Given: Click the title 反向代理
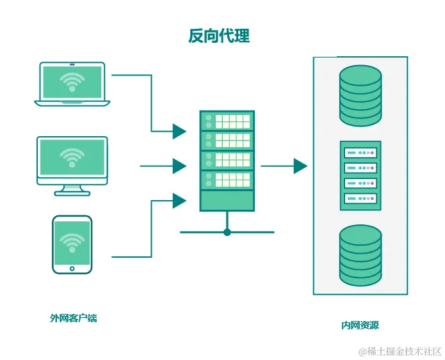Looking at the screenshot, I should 218,36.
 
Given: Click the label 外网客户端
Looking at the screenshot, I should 73,318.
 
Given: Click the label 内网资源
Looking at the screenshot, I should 360,325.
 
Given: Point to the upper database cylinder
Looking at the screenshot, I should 360,95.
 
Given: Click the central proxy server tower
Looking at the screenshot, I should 227,161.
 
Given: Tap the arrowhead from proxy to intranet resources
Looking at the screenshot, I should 300,166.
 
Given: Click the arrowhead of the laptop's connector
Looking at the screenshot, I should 179,131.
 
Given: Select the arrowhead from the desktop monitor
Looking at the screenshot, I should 179,166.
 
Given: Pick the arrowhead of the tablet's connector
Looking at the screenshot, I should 179,201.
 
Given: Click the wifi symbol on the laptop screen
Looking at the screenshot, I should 72,81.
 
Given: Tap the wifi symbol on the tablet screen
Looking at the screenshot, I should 72,242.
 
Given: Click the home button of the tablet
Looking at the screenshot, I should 72,269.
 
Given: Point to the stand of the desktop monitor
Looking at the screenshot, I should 72,189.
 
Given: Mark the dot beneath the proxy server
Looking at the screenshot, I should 227,232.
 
